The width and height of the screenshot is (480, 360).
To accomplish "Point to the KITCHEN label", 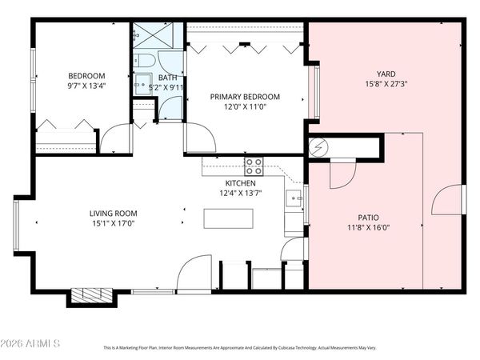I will click(x=240, y=183).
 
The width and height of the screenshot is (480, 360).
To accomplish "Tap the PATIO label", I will click(x=362, y=217).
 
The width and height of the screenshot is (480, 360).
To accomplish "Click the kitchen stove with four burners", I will click(x=254, y=166).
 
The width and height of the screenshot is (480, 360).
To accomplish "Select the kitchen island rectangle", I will click(x=228, y=218).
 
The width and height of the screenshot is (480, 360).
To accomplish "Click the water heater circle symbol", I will click(x=318, y=147).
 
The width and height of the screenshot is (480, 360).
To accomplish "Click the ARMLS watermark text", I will click(x=32, y=345).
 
